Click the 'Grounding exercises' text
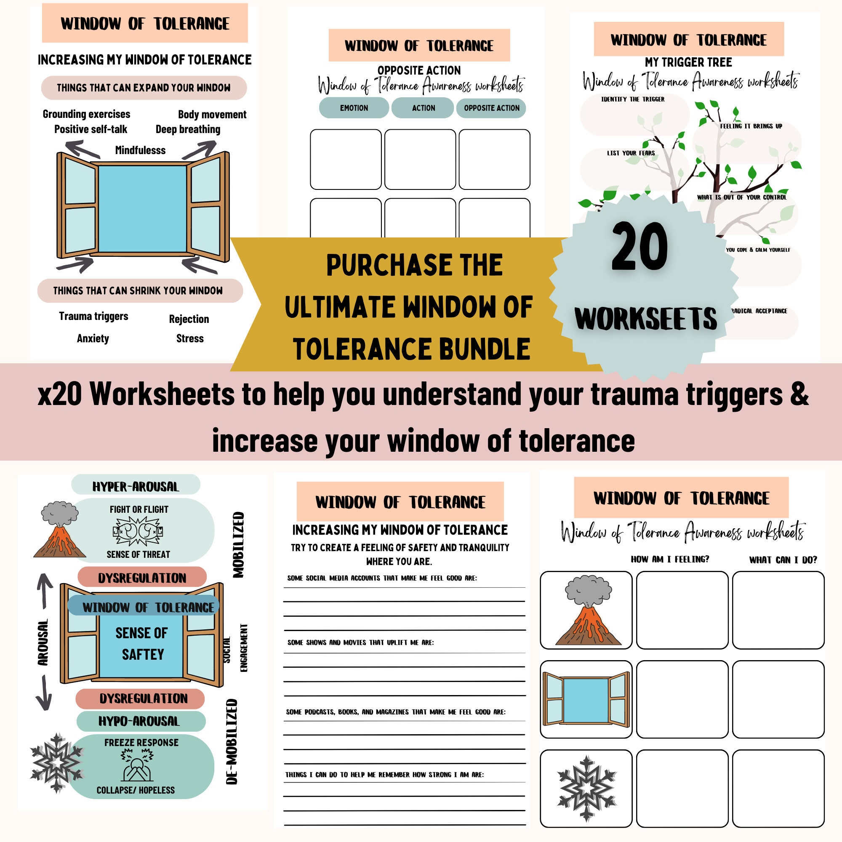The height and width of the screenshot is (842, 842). [86, 114]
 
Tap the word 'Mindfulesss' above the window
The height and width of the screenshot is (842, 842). [140, 150]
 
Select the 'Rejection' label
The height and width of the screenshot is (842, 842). [189, 319]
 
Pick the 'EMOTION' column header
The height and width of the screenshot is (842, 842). [354, 108]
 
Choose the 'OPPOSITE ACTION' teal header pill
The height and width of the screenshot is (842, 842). [491, 108]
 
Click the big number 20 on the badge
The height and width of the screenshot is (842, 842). [639, 247]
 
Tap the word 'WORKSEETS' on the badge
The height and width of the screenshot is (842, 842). [645, 319]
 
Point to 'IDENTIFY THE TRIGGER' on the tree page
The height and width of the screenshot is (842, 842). [632, 99]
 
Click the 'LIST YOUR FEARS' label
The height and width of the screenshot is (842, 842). [631, 153]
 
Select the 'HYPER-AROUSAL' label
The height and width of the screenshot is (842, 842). [136, 487]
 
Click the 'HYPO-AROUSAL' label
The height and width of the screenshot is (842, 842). [139, 721]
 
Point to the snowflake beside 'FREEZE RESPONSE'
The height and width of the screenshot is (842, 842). [56, 763]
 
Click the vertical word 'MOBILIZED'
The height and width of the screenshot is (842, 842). [238, 545]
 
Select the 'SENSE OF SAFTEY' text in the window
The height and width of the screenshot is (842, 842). [141, 643]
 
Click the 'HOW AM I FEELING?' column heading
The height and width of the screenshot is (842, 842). [670, 559]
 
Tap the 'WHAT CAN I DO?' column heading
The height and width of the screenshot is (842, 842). [783, 560]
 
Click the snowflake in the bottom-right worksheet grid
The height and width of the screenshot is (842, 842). [586, 789]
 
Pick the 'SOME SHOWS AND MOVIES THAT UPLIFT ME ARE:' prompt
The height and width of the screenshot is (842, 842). [360, 642]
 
